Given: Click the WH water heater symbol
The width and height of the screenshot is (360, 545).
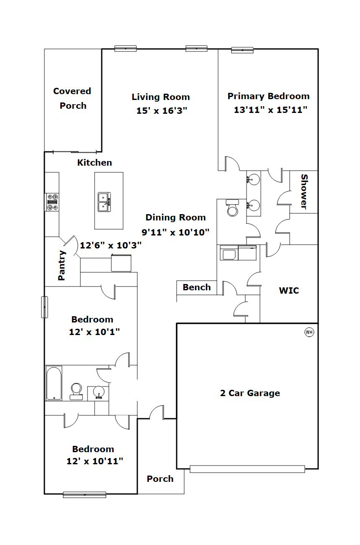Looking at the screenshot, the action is tap(309, 332).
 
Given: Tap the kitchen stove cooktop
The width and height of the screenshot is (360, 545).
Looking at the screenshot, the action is tap(52, 202).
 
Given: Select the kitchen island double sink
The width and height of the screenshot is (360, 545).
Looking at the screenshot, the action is tap(104, 202).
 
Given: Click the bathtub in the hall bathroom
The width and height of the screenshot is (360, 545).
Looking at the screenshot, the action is tap(54, 383).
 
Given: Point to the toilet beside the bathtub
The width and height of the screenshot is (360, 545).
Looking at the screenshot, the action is tap(76, 392).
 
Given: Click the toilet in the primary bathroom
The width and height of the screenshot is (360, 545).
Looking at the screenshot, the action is tap(232, 207).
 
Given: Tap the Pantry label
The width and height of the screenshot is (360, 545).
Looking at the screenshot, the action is tap(62, 265).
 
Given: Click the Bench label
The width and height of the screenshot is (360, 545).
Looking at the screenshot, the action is tap(197, 287).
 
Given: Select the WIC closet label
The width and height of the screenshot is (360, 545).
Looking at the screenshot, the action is tap(289, 291).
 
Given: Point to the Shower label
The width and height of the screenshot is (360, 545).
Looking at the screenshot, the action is tap(304, 192).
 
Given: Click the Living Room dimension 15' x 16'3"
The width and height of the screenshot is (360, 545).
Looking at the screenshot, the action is tap(162, 111).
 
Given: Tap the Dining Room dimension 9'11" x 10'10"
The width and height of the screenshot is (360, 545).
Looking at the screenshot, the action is tap(175, 232).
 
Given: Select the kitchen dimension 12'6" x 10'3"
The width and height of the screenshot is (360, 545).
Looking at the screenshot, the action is tap(111, 245).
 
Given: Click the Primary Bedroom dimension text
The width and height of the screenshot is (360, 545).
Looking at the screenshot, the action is tap(270, 110).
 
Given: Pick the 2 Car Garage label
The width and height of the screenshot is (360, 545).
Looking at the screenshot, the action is tap(250, 393).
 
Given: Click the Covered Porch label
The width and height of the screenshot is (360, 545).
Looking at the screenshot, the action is tap(72, 98).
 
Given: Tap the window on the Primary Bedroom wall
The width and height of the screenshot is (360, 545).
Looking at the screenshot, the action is tap(242, 50).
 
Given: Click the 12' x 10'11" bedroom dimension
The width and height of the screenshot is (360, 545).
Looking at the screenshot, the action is tap(95, 461).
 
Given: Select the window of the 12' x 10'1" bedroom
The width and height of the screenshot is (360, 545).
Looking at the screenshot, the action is tap(44, 307).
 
